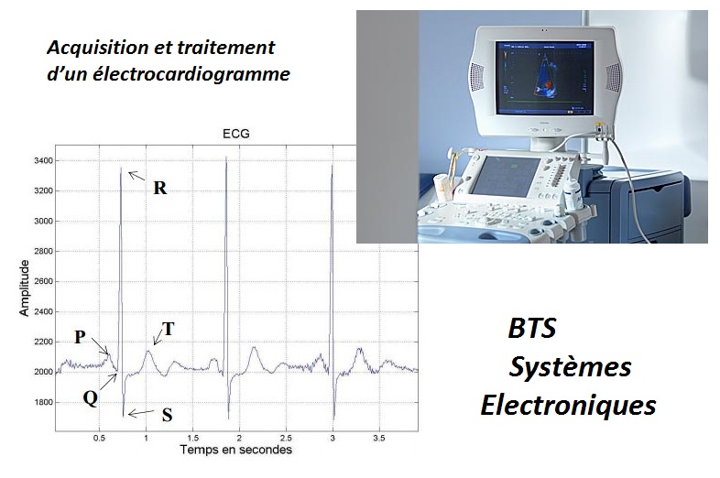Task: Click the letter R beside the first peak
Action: pyautogui.click(x=159, y=188)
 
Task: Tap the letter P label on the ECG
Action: pyautogui.click(x=80, y=337)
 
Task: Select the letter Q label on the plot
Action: pyautogui.click(x=91, y=398)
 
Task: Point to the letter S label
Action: pyautogui.click(x=167, y=415)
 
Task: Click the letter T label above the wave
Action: pyautogui.click(x=169, y=329)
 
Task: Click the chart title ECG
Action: pyautogui.click(x=236, y=134)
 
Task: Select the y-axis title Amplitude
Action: pyautogui.click(x=24, y=288)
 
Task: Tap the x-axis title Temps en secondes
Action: pyautogui.click(x=236, y=449)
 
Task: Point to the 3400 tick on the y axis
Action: pyautogui.click(x=44, y=161)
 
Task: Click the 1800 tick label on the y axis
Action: pyautogui.click(x=44, y=402)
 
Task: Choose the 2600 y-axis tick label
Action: pyautogui.click(x=44, y=281)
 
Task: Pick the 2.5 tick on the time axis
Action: pyautogui.click(x=286, y=439)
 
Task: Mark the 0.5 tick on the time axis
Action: pyautogui.click(x=99, y=439)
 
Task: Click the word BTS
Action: pyautogui.click(x=532, y=329)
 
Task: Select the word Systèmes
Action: pyautogui.click(x=570, y=367)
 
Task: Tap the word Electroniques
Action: pyautogui.click(x=568, y=406)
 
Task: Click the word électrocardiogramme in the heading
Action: pyautogui.click(x=191, y=74)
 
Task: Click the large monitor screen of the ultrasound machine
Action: pyautogui.click(x=544, y=78)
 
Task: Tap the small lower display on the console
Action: pyautogui.click(x=506, y=176)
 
